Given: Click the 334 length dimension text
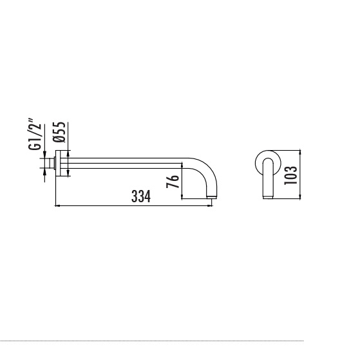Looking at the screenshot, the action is click(x=141, y=196).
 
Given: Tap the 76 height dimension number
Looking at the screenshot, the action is click(x=173, y=182).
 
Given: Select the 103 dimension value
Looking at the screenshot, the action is click(x=290, y=175).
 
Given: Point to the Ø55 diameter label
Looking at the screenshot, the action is click(x=59, y=132).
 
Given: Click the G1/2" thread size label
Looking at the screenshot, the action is click(x=35, y=135).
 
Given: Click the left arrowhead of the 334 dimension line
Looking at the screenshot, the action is click(x=57, y=205).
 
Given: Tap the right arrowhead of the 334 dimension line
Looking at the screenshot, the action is click(x=211, y=205).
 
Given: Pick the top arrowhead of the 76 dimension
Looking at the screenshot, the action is click(x=182, y=165).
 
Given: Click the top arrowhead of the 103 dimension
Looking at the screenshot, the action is click(x=300, y=153).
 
